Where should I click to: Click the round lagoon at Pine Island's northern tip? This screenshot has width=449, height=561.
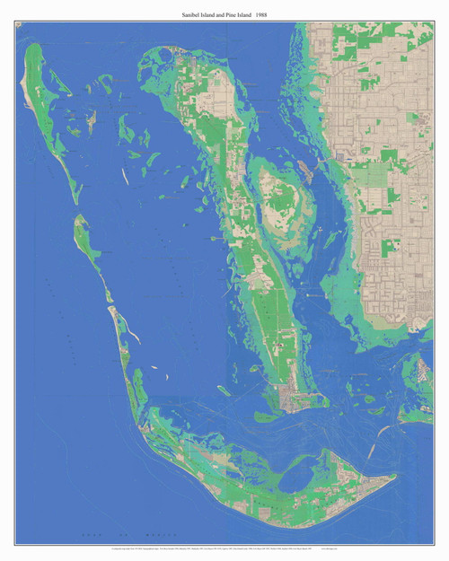(165, 57)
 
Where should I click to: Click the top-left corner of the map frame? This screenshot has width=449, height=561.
(15, 24)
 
